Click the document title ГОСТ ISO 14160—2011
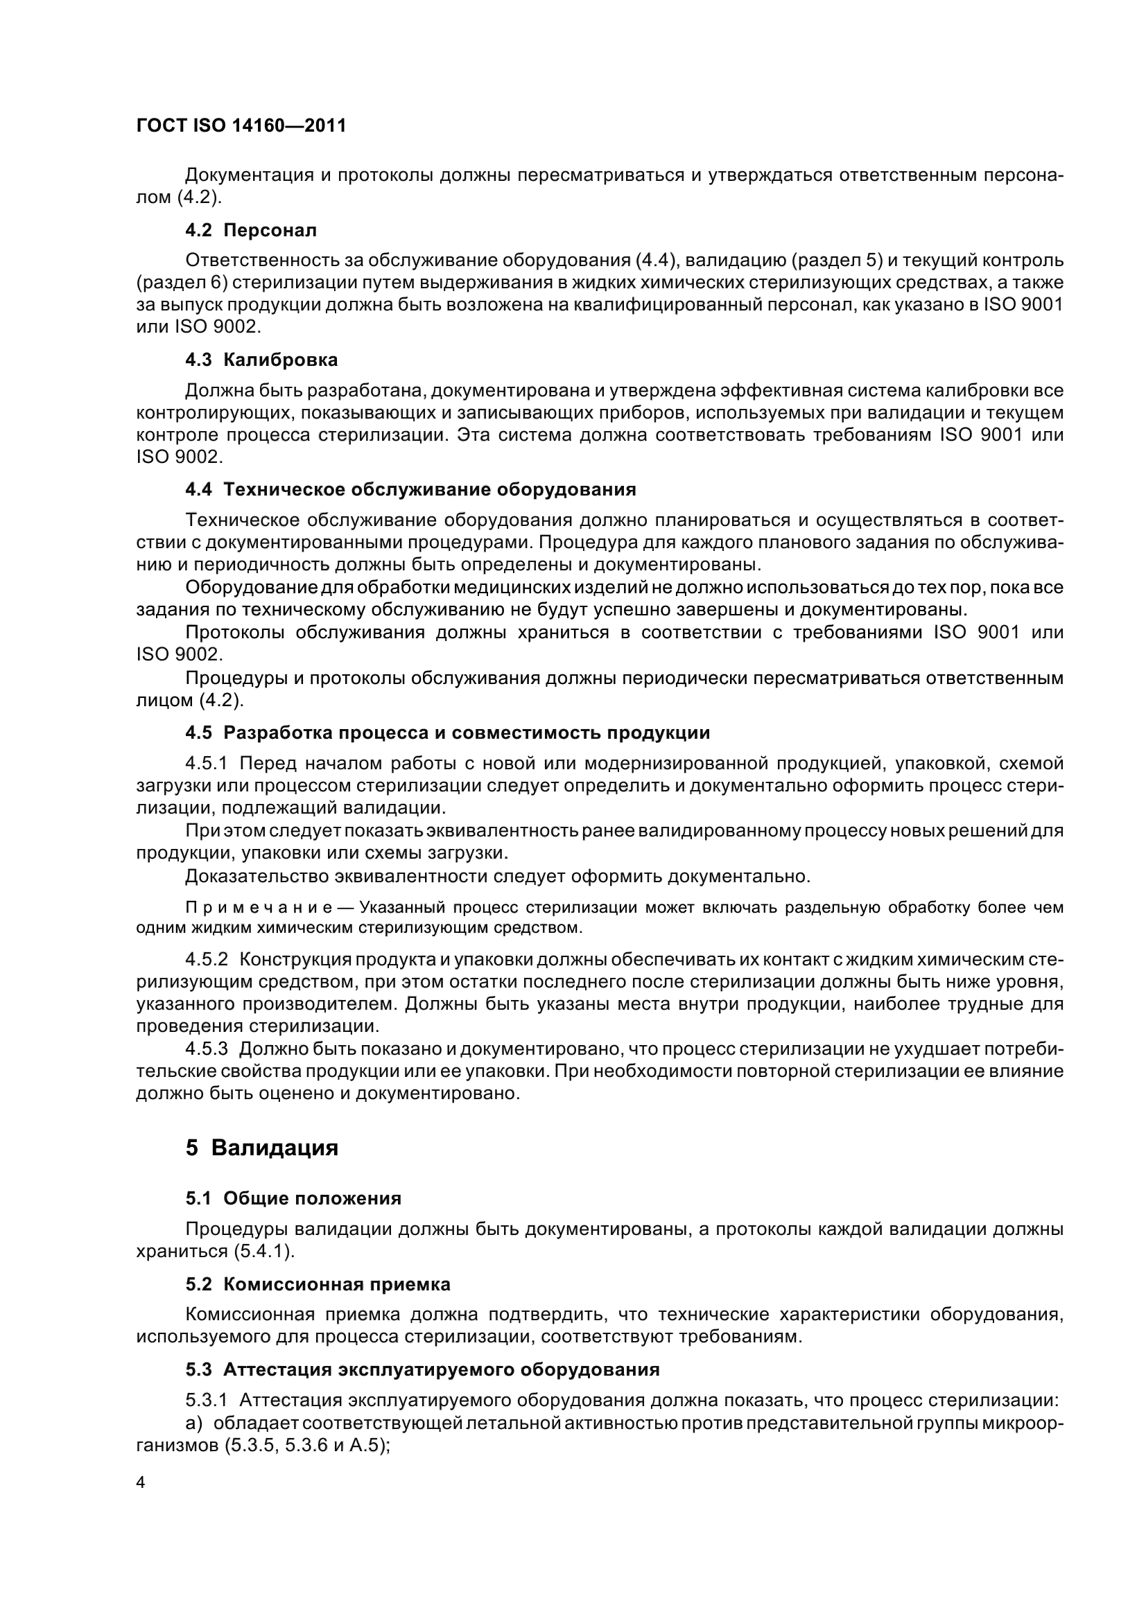pos(241,126)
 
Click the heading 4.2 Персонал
pos(251,230)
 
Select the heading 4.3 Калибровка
pos(261,360)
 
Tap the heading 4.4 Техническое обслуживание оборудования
pos(410,489)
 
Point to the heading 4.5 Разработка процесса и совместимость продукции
pos(448,733)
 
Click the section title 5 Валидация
pos(262,1148)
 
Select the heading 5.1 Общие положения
pos(293,1198)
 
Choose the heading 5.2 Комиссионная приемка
pos(318,1284)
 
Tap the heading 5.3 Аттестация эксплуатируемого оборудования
pos(422,1369)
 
